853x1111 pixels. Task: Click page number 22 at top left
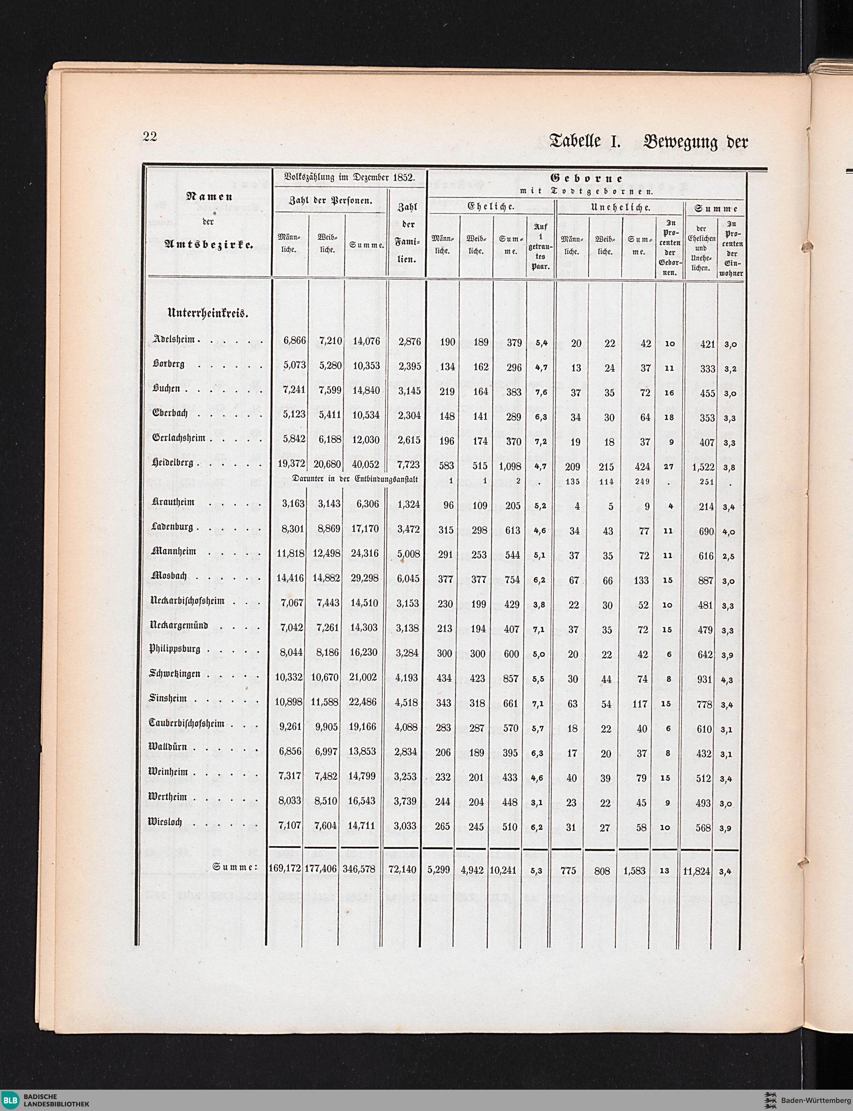[150, 137]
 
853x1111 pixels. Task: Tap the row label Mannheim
[174, 551]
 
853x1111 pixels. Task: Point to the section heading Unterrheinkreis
[208, 313]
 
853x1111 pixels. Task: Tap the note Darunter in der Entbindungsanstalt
[355, 478]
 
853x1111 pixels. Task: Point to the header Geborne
[586, 179]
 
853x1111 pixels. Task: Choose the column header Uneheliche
[621, 207]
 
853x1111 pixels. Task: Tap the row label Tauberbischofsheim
[186, 723]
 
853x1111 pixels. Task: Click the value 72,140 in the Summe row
[402, 869]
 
